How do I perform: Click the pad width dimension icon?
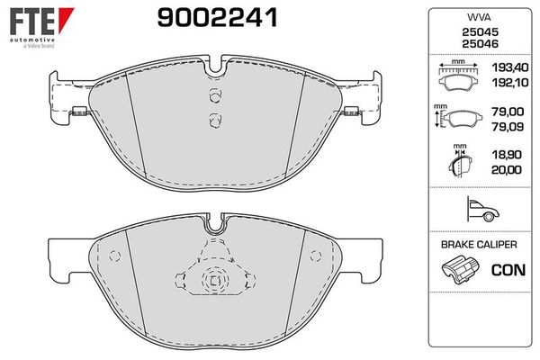[x=458, y=77]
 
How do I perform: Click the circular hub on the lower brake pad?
[x=214, y=281]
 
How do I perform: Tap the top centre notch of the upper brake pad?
[x=214, y=66]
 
